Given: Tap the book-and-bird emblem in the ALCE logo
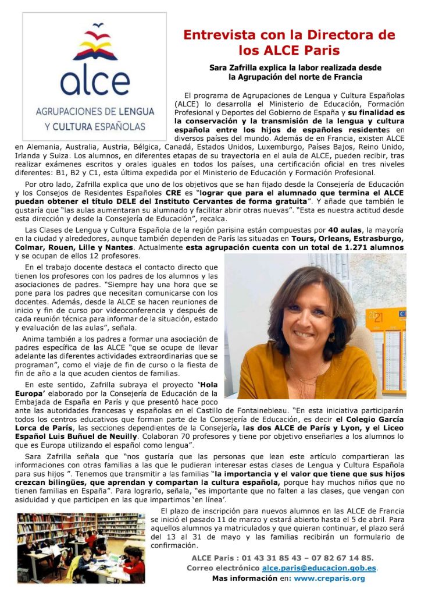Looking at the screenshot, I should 94,44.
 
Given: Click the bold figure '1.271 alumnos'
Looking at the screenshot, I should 374,248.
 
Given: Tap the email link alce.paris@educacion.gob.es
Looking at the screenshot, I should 319,568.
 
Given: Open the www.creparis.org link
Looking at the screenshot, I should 329,579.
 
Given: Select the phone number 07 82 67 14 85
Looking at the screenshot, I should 344,558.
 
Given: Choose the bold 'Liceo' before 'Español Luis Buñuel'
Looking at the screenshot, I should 392,427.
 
